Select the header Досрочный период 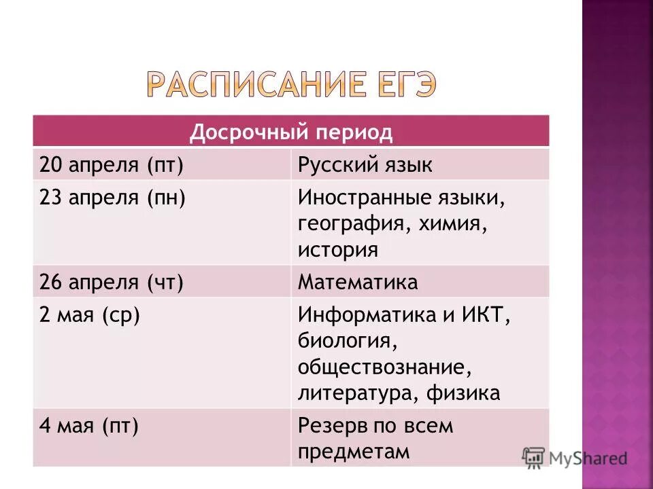pyautogui.click(x=290, y=132)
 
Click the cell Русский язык pyautogui.click(x=365, y=165)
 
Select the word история pyautogui.click(x=337, y=249)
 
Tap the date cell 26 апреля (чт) pyautogui.click(x=112, y=282)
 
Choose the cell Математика pyautogui.click(x=358, y=282)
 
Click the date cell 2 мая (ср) pyautogui.click(x=90, y=316)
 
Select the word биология pyautogui.click(x=343, y=342)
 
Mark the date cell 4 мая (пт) pyautogui.click(x=89, y=427)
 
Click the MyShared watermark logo pyautogui.click(x=575, y=458)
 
